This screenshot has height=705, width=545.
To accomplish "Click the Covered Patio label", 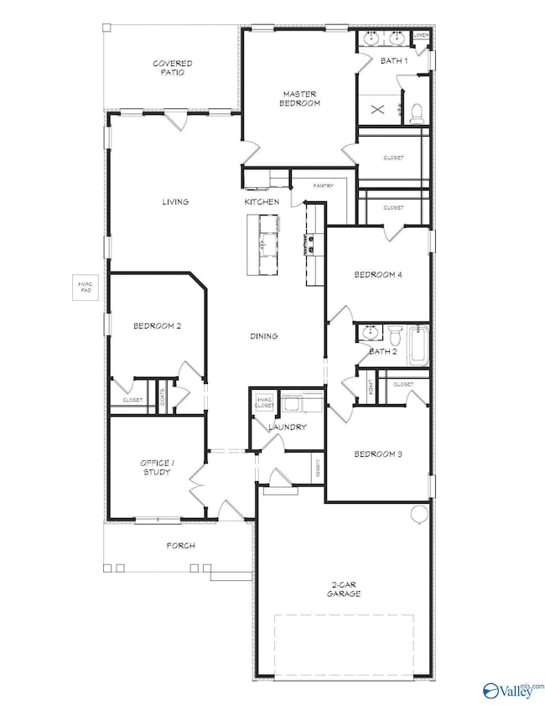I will point(173,68).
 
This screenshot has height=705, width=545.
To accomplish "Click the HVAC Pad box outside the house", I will point(84,289).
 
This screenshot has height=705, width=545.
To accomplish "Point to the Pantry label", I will point(324,185).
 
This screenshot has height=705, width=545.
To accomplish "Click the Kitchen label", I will point(261,202).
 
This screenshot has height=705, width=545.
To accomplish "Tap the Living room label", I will point(175,202).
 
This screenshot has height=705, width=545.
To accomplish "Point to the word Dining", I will point(263,336).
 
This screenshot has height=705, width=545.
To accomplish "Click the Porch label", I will point(180,546).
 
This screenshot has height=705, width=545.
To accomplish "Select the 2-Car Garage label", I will point(344,589).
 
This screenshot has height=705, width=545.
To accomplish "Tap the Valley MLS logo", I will point(511,690).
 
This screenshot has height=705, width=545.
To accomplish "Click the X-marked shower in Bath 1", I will point(376,108).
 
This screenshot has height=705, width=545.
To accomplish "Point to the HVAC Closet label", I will point(265,402).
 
